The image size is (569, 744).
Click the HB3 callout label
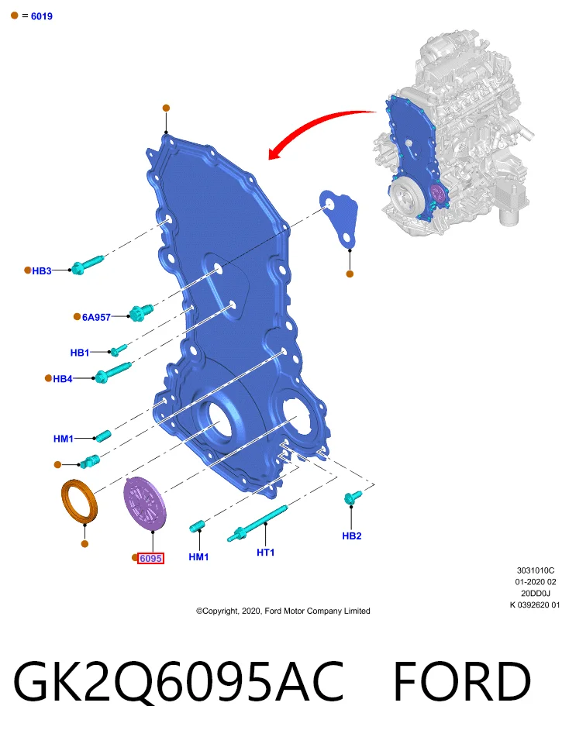(x=42, y=271)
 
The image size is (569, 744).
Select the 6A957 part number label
(x=96, y=318)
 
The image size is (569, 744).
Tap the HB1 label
(x=80, y=353)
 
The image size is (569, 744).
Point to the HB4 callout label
(x=63, y=379)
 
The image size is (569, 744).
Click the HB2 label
(x=352, y=536)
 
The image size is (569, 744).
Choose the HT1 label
(x=266, y=553)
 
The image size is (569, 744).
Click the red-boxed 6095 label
(x=151, y=559)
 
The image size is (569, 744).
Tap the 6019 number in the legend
(x=42, y=16)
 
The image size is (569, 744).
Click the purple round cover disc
(x=145, y=502)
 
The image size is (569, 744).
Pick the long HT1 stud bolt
(x=257, y=523)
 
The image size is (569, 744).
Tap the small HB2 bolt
(x=353, y=497)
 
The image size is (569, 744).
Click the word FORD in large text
(x=462, y=682)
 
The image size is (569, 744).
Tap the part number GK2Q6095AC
(x=178, y=682)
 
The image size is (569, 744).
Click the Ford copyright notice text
(x=283, y=611)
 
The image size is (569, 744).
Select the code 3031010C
(x=536, y=570)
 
